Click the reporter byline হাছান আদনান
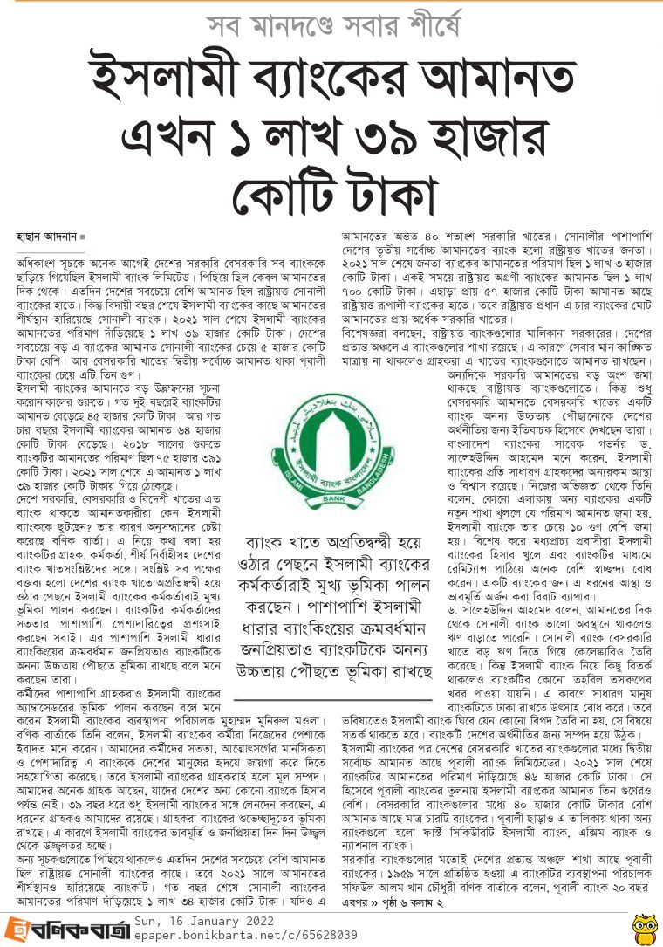[46, 237]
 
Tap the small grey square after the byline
[83, 237]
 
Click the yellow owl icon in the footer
[643, 926]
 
